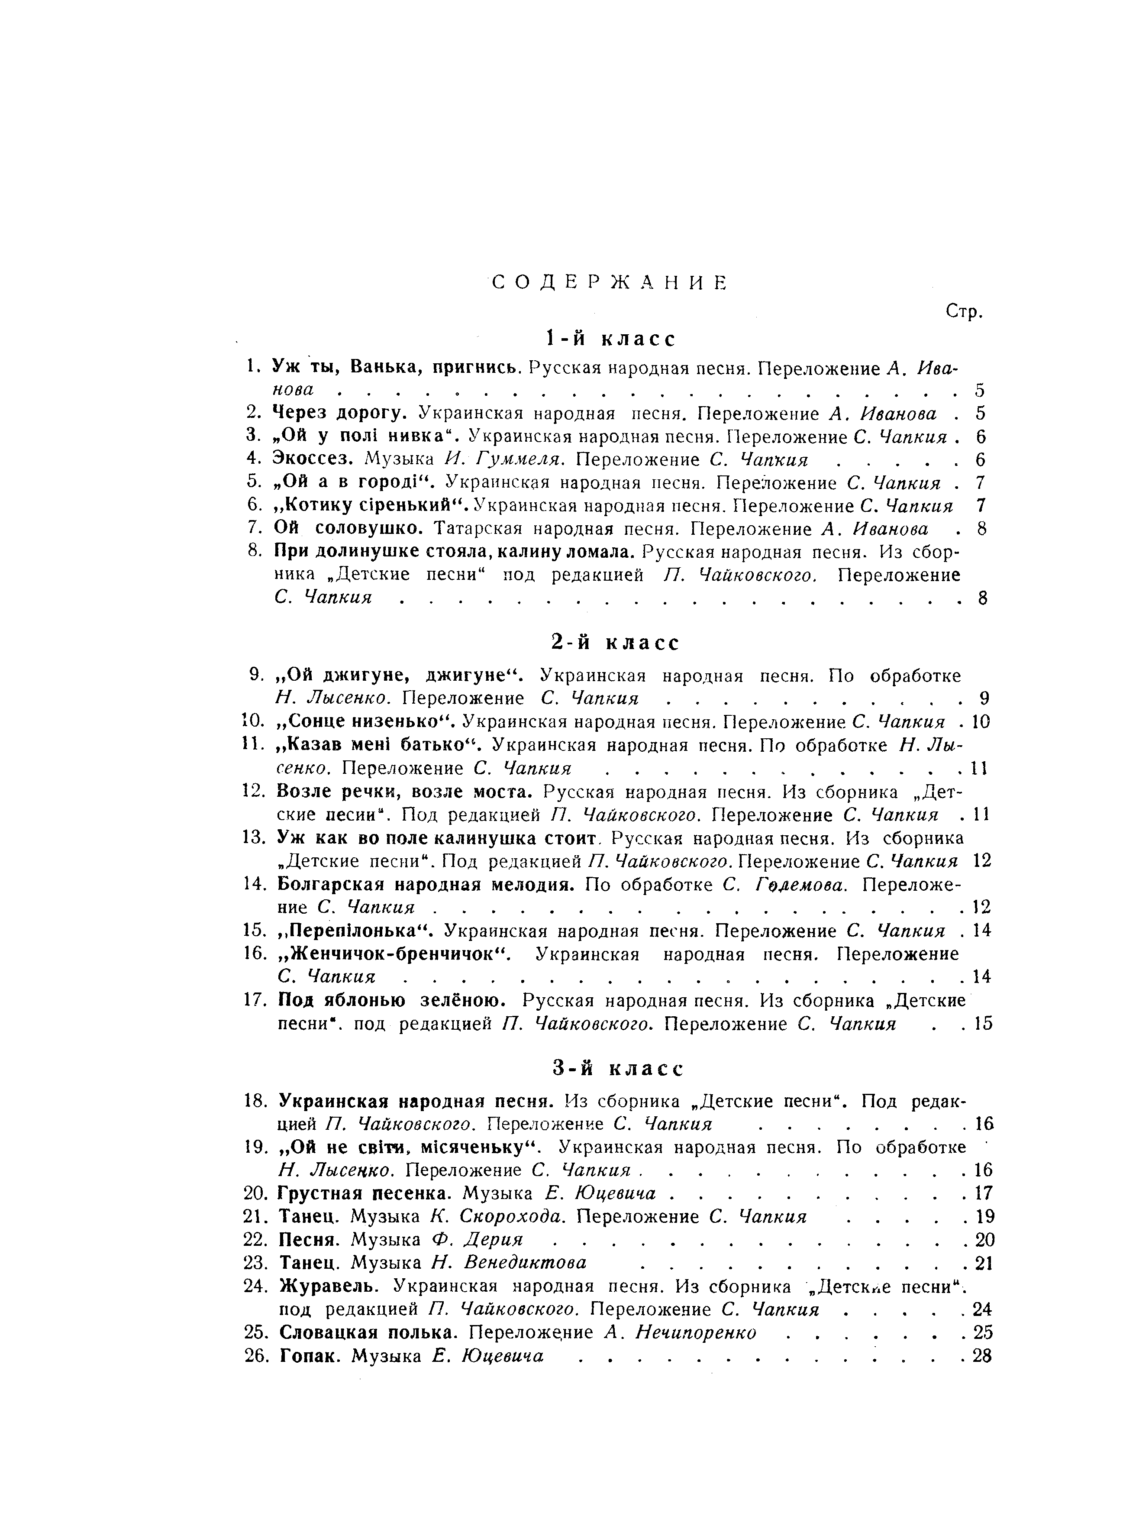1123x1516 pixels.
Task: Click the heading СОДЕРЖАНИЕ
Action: tap(609, 283)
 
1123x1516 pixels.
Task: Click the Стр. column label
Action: tap(965, 312)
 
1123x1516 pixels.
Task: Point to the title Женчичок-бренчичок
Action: tap(394, 954)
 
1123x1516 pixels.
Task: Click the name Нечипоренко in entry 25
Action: tap(696, 1332)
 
